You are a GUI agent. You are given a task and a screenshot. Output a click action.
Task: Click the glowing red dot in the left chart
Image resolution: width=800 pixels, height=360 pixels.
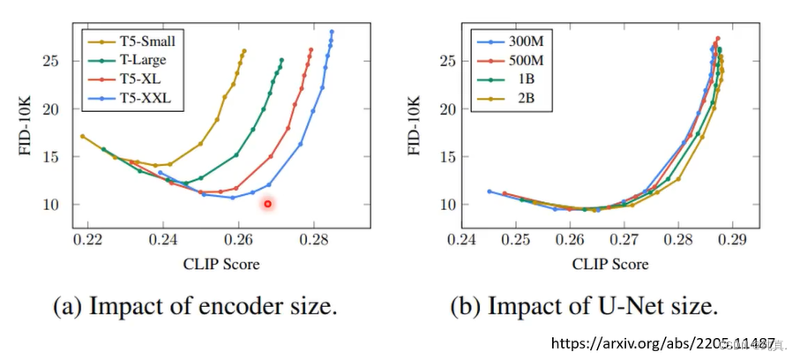click(x=267, y=204)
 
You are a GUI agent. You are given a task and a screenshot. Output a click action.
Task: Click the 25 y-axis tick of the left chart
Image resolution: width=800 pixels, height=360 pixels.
click(x=57, y=61)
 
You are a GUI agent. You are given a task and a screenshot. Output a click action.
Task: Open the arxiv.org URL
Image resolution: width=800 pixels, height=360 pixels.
click(x=662, y=342)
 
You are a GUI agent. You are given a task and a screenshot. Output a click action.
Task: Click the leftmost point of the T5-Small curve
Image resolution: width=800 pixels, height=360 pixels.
click(x=82, y=136)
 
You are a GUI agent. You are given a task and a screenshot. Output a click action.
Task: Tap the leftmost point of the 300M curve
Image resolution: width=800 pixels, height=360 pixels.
click(x=490, y=191)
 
